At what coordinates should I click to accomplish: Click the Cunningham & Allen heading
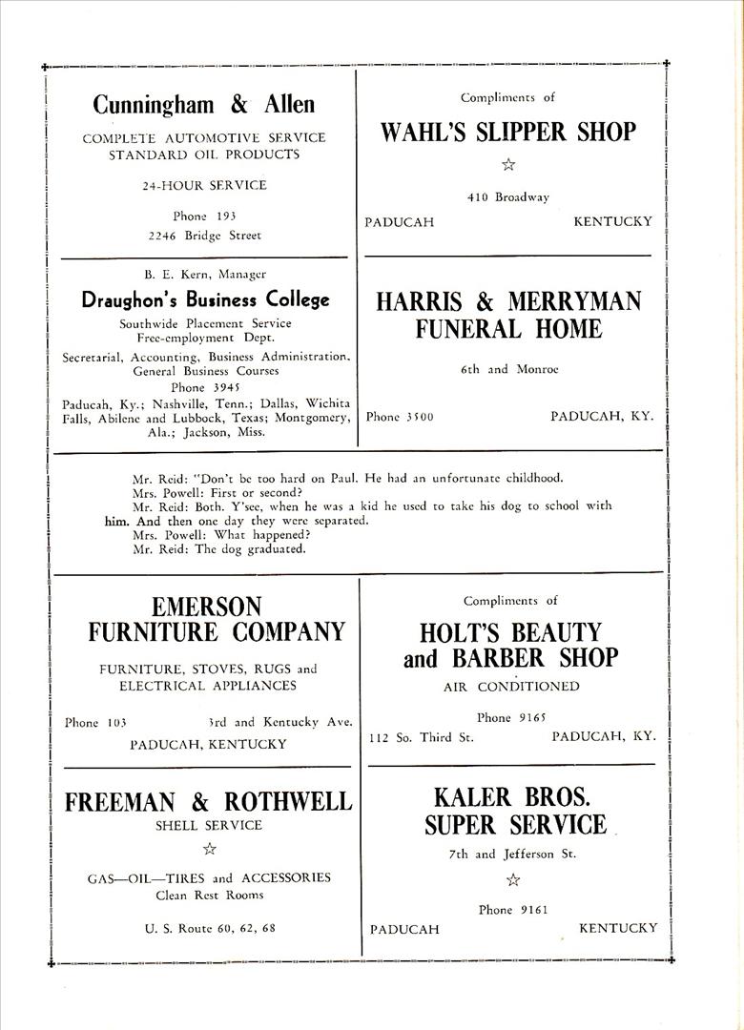point(204,104)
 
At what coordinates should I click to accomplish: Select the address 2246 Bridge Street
point(204,235)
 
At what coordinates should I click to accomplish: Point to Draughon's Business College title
point(205,299)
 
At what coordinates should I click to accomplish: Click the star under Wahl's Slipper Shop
point(508,164)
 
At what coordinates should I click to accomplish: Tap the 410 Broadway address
point(508,197)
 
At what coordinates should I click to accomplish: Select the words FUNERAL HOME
point(507,330)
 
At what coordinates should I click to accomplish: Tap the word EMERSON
point(206,607)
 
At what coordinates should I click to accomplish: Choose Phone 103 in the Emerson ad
point(95,722)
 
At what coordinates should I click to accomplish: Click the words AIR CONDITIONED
point(511,687)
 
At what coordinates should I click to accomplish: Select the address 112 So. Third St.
point(422,737)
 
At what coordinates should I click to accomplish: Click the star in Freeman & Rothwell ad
point(209,849)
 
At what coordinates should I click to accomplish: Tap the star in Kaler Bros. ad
point(512,880)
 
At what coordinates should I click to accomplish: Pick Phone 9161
point(513,910)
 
